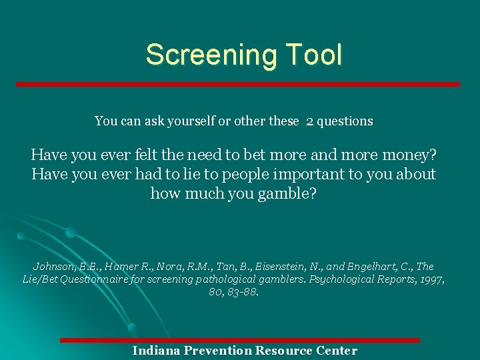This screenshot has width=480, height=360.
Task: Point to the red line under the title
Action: point(238,85)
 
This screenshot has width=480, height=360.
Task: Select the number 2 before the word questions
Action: point(310,121)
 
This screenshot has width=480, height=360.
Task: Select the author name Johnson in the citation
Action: point(55,267)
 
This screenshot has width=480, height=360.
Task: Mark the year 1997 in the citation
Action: point(432,279)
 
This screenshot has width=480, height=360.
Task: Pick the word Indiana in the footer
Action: point(157,351)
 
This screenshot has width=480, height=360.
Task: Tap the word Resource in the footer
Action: point(287,351)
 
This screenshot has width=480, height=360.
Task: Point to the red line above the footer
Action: point(240,341)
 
